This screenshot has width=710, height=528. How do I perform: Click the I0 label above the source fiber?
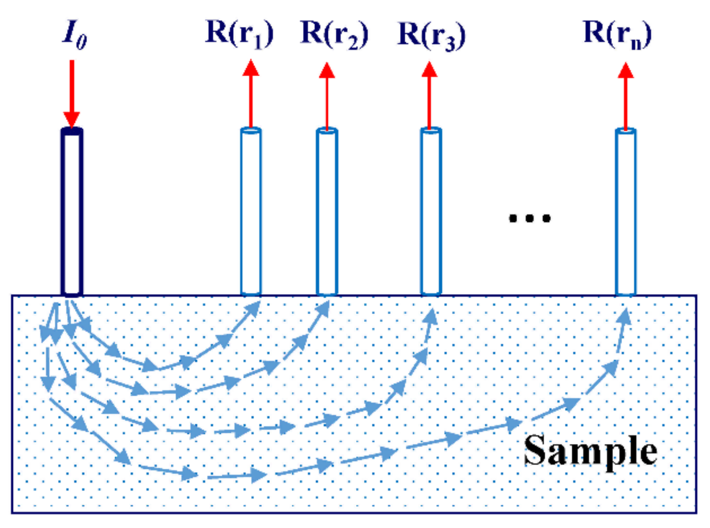pos(75,35)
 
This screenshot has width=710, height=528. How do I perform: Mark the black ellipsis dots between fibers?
pos(530,218)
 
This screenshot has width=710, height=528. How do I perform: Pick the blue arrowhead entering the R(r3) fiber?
pos(431,317)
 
